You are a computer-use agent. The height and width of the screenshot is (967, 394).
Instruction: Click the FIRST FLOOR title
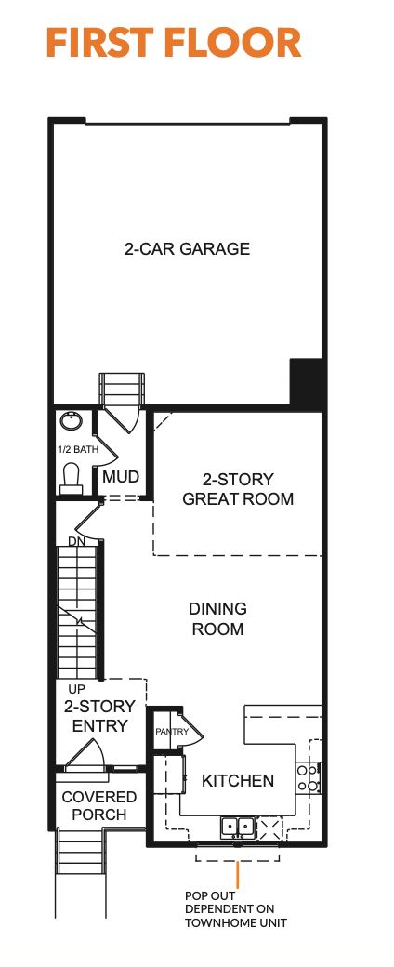pos(173,44)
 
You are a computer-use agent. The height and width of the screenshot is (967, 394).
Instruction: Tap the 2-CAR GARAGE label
pos(188,249)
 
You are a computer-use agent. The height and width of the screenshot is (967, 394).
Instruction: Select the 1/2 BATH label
pos(72,449)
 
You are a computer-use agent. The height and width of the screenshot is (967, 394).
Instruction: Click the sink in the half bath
pos(71,423)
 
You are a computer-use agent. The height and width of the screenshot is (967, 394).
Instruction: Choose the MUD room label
pos(121,477)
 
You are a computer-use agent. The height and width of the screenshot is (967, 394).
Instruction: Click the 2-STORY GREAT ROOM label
pos(238,489)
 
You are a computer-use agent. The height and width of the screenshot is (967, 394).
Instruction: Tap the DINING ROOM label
pos(217,619)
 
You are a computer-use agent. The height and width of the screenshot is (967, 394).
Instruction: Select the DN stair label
pos(76,541)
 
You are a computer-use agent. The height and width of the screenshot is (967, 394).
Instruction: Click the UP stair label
pos(77,689)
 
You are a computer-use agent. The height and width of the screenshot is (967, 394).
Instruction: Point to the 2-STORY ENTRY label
pos(99,716)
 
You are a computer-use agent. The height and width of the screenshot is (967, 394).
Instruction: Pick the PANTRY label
pos(172,732)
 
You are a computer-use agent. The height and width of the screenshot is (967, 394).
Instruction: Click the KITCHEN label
pos(238,780)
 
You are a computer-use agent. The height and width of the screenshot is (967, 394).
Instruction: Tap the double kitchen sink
pos(237,825)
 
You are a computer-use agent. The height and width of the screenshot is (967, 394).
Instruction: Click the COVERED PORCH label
pos(98,806)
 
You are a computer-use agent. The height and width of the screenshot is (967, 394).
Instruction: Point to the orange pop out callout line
pos(239,874)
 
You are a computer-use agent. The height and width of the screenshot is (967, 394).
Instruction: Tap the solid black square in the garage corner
pos(307,382)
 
